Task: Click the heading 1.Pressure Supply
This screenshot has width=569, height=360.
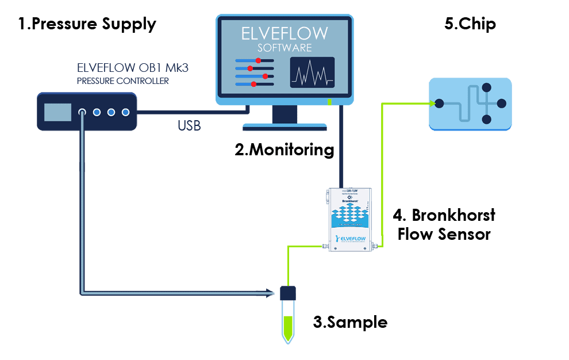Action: click(87, 24)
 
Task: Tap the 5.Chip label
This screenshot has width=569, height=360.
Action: click(470, 24)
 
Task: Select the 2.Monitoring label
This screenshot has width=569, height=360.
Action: click(284, 150)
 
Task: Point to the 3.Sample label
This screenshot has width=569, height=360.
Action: click(349, 322)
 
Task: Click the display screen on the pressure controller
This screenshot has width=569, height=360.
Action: click(57, 112)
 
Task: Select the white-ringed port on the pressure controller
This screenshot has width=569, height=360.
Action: click(83, 112)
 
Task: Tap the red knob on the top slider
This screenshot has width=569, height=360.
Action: click(259, 60)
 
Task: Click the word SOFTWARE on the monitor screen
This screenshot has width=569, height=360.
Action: click(284, 48)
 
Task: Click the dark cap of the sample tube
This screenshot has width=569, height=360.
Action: click(287, 293)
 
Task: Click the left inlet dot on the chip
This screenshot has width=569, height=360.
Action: click(439, 104)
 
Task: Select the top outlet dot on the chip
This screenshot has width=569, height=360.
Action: click(486, 88)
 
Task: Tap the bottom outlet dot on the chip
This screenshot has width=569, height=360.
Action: click(486, 119)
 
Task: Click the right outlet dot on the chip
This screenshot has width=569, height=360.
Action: click(501, 104)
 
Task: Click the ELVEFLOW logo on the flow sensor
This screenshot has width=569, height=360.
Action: click(351, 237)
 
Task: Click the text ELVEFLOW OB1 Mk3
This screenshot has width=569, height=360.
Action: click(133, 68)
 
